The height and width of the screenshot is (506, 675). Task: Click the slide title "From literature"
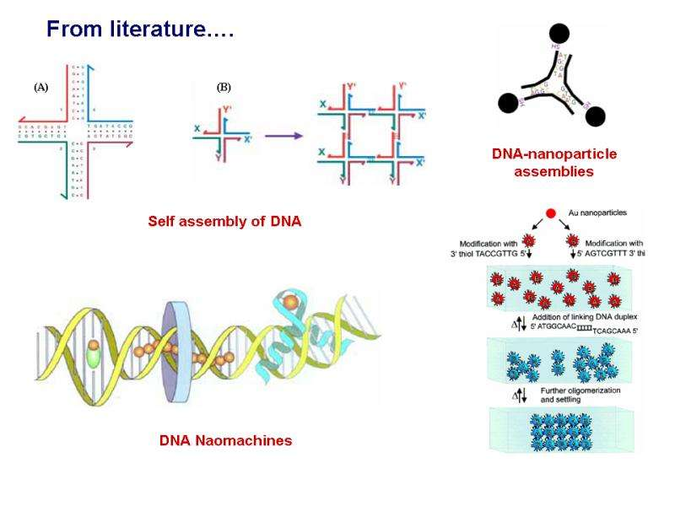click(139, 30)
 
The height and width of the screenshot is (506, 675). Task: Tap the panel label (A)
click(41, 87)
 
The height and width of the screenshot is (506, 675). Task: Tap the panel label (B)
click(224, 87)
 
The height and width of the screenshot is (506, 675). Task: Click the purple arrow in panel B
click(283, 135)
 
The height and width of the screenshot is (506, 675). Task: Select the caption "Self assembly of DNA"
click(224, 222)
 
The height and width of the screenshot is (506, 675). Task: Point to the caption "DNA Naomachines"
click(225, 440)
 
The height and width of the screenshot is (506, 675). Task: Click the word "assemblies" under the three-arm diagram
click(553, 171)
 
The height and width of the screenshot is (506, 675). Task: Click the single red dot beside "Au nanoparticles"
click(550, 214)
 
